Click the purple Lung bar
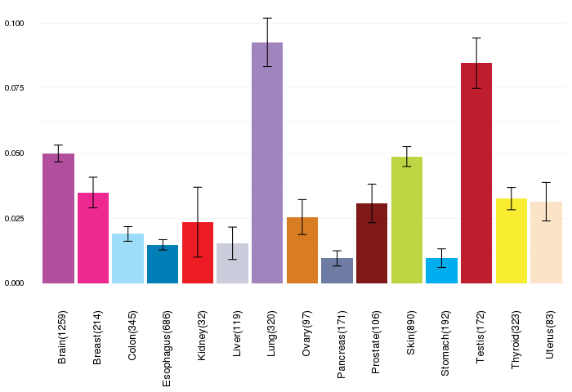[x=267, y=163]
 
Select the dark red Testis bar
[x=476, y=173]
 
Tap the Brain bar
[x=58, y=218]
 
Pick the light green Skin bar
[x=407, y=220]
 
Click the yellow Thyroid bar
[x=512, y=241]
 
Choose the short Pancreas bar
[x=337, y=270]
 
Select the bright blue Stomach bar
[x=441, y=270]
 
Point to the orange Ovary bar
[x=302, y=250]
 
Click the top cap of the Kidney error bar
[x=198, y=187]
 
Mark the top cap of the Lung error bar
[x=267, y=18]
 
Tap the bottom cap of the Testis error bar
[x=476, y=88]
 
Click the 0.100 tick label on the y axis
[x=14, y=24]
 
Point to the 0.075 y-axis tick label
[x=14, y=88]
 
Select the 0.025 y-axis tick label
[x=14, y=218]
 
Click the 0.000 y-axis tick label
[x=14, y=283]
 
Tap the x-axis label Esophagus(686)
[x=167, y=349]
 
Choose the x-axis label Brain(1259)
[x=62, y=337]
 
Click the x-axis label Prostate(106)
[x=375, y=342]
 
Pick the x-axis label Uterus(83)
[x=550, y=335]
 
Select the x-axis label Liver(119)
[x=236, y=334]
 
